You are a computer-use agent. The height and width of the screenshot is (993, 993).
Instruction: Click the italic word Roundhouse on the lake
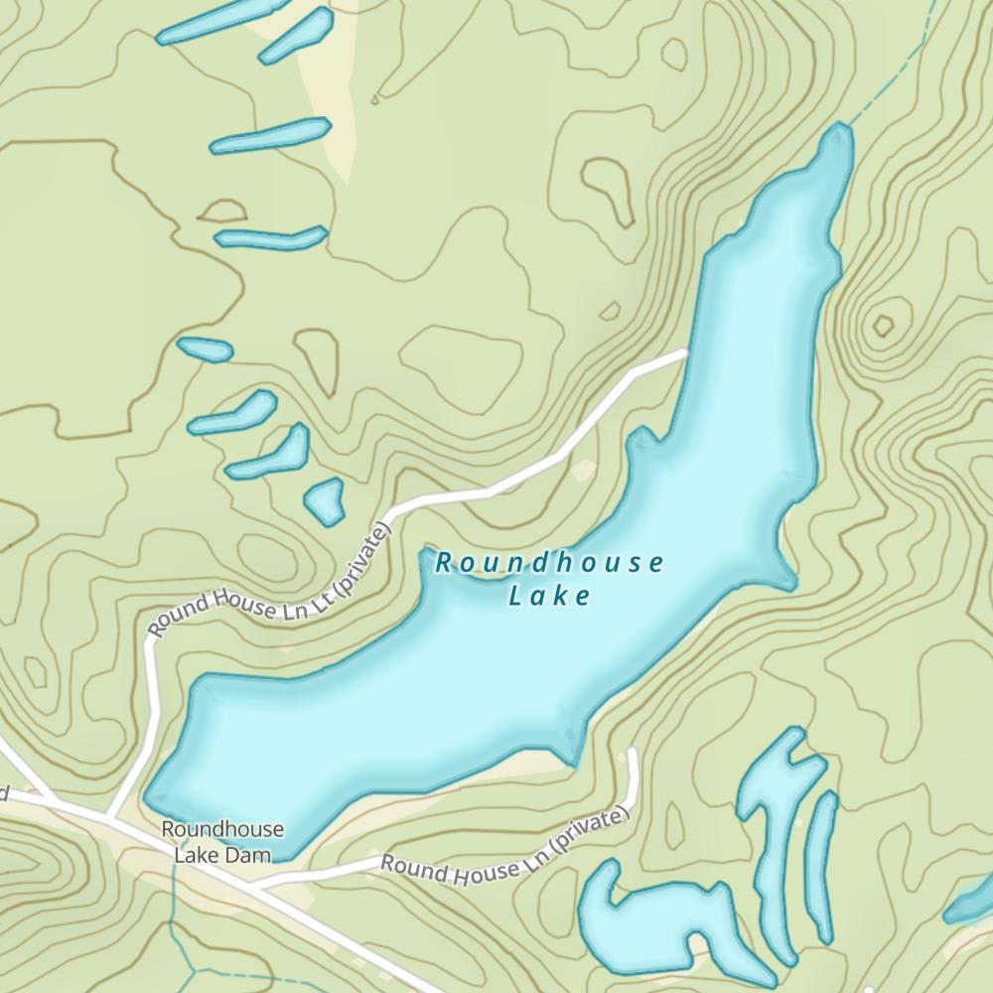pos(549,564)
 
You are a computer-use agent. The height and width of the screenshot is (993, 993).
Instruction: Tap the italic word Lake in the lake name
pos(549,596)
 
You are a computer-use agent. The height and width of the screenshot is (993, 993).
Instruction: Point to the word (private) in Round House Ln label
pos(588,834)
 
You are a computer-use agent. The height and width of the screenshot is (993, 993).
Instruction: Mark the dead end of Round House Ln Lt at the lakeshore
pos(685,353)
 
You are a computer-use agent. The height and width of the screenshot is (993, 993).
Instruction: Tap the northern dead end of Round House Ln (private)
pos(633,752)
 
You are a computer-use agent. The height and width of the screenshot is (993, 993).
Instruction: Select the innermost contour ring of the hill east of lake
pos(881,326)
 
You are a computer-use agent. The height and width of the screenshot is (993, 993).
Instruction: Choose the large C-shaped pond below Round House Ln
pos(636,919)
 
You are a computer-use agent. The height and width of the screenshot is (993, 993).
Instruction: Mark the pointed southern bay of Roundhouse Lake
pos(573,759)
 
